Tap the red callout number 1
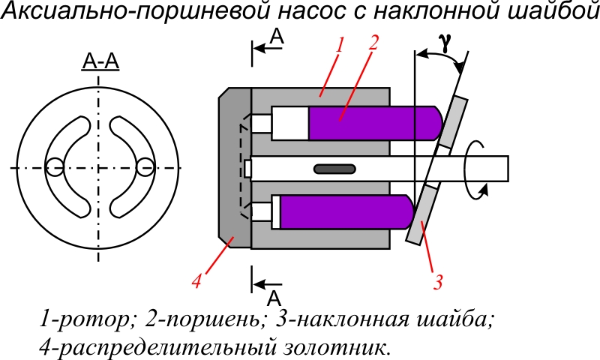[339, 45]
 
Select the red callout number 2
[373, 43]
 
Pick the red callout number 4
[196, 282]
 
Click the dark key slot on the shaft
[334, 168]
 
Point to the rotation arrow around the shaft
[473, 168]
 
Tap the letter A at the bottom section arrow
[275, 297]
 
